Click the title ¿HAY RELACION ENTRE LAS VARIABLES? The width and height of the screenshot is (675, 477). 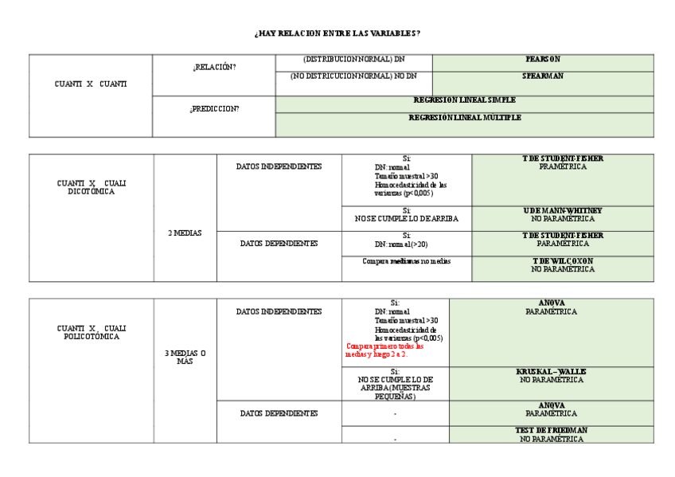(x=337, y=33)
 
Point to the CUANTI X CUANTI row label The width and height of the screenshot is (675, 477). (x=91, y=84)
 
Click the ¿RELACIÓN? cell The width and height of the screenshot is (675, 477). (x=213, y=68)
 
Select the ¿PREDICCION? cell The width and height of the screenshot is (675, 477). (x=213, y=109)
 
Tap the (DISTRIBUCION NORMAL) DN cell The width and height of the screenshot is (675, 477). (x=353, y=60)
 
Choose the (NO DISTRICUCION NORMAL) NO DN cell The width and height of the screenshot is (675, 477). (x=353, y=76)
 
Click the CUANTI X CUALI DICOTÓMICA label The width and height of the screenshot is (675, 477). (x=91, y=187)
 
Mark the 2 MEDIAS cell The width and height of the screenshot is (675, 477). (x=185, y=233)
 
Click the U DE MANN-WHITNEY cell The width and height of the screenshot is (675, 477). (x=562, y=214)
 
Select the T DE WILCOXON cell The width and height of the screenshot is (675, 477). (x=562, y=264)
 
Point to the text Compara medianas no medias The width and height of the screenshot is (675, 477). (x=406, y=261)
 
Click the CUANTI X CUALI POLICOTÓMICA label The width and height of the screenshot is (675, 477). (x=91, y=332)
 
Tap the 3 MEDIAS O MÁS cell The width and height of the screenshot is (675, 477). (x=185, y=357)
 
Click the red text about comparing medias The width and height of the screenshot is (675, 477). (x=385, y=350)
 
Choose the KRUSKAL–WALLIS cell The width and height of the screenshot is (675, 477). (x=551, y=376)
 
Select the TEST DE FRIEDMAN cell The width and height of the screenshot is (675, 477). (x=551, y=434)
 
